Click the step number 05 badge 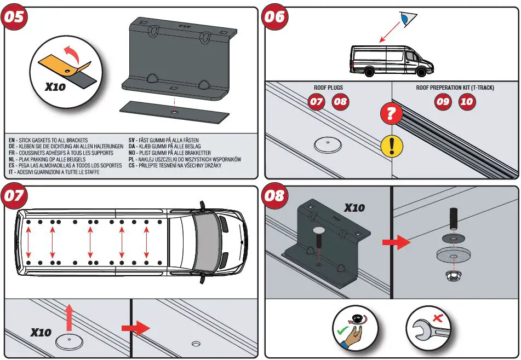[15, 16]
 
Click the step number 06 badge [274, 16]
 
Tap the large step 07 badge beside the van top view [15, 195]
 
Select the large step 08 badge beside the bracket [275, 195]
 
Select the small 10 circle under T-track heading [467, 102]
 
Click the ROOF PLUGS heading [328, 88]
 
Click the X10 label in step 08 [354, 208]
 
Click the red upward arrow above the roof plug [70, 317]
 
